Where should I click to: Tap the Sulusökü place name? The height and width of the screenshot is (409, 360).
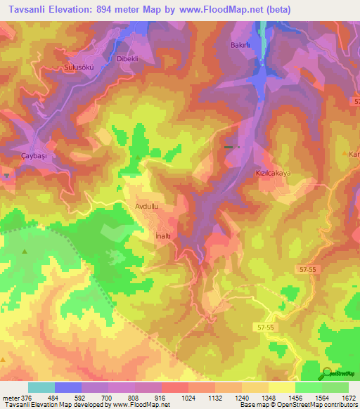pyautogui.click(x=79, y=67)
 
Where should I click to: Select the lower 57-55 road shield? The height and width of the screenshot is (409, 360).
pyautogui.click(x=266, y=327)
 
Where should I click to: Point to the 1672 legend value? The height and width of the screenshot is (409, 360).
pyautogui.click(x=347, y=398)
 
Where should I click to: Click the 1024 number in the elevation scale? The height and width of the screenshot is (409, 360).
pyautogui.click(x=188, y=398)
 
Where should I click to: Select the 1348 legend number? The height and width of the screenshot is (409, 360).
pyautogui.click(x=267, y=398)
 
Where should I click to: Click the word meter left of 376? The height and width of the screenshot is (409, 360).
pyautogui.click(x=11, y=398)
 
